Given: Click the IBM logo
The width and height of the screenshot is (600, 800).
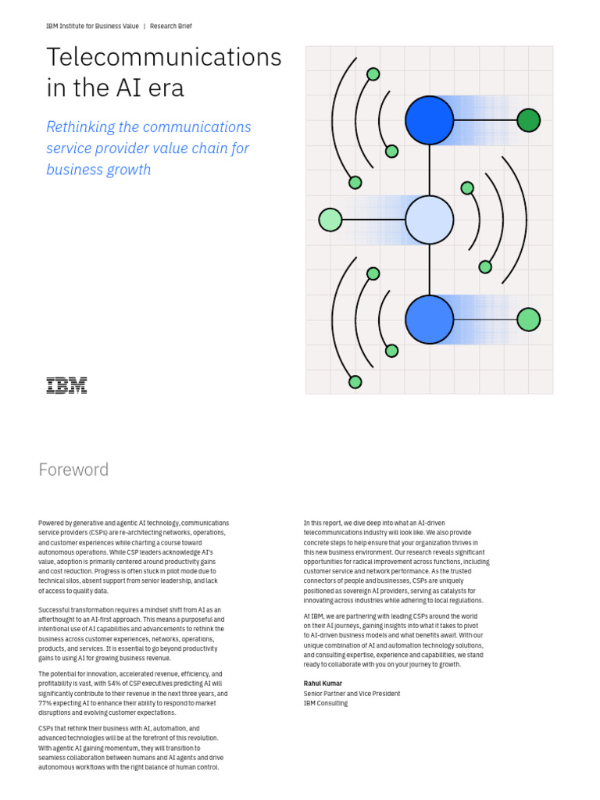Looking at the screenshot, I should (x=66, y=385).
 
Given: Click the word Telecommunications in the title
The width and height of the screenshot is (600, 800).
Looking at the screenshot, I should (x=163, y=57).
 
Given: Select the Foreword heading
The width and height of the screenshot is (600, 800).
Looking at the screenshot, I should (x=73, y=470).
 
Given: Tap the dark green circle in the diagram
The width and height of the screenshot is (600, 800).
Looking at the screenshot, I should (x=528, y=120).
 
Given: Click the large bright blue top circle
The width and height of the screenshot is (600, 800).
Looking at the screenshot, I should (x=429, y=120).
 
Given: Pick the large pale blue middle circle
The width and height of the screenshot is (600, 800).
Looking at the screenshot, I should (x=429, y=220).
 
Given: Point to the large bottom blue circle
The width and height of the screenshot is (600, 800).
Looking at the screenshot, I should (x=429, y=320).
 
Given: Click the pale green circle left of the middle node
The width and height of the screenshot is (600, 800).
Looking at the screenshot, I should (x=330, y=220).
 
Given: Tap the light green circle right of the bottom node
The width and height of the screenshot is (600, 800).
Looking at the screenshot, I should (x=528, y=320).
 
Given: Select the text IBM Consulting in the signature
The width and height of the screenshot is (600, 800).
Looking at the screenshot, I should (x=326, y=703).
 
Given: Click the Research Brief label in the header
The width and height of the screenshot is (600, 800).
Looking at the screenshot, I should (x=170, y=26).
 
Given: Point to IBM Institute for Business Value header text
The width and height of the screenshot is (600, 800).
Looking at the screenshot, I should (x=92, y=26).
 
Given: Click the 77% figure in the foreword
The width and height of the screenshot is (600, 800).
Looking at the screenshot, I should (x=45, y=703).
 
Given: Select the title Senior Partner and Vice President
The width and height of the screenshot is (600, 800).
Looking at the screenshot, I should (x=352, y=694).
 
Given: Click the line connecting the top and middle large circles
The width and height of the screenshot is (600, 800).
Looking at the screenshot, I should (x=429, y=170).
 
